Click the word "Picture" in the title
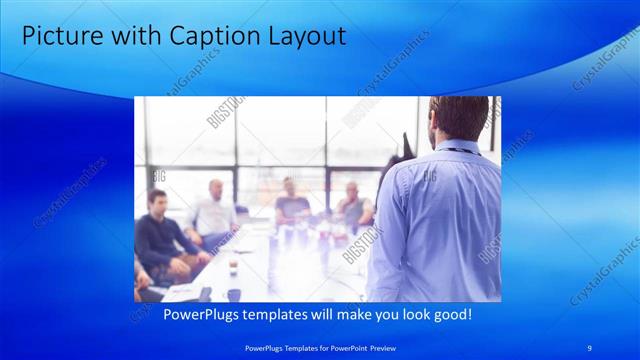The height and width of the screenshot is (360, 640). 58,36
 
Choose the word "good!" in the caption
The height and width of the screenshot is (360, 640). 450,314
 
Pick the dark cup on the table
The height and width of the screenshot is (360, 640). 233,294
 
